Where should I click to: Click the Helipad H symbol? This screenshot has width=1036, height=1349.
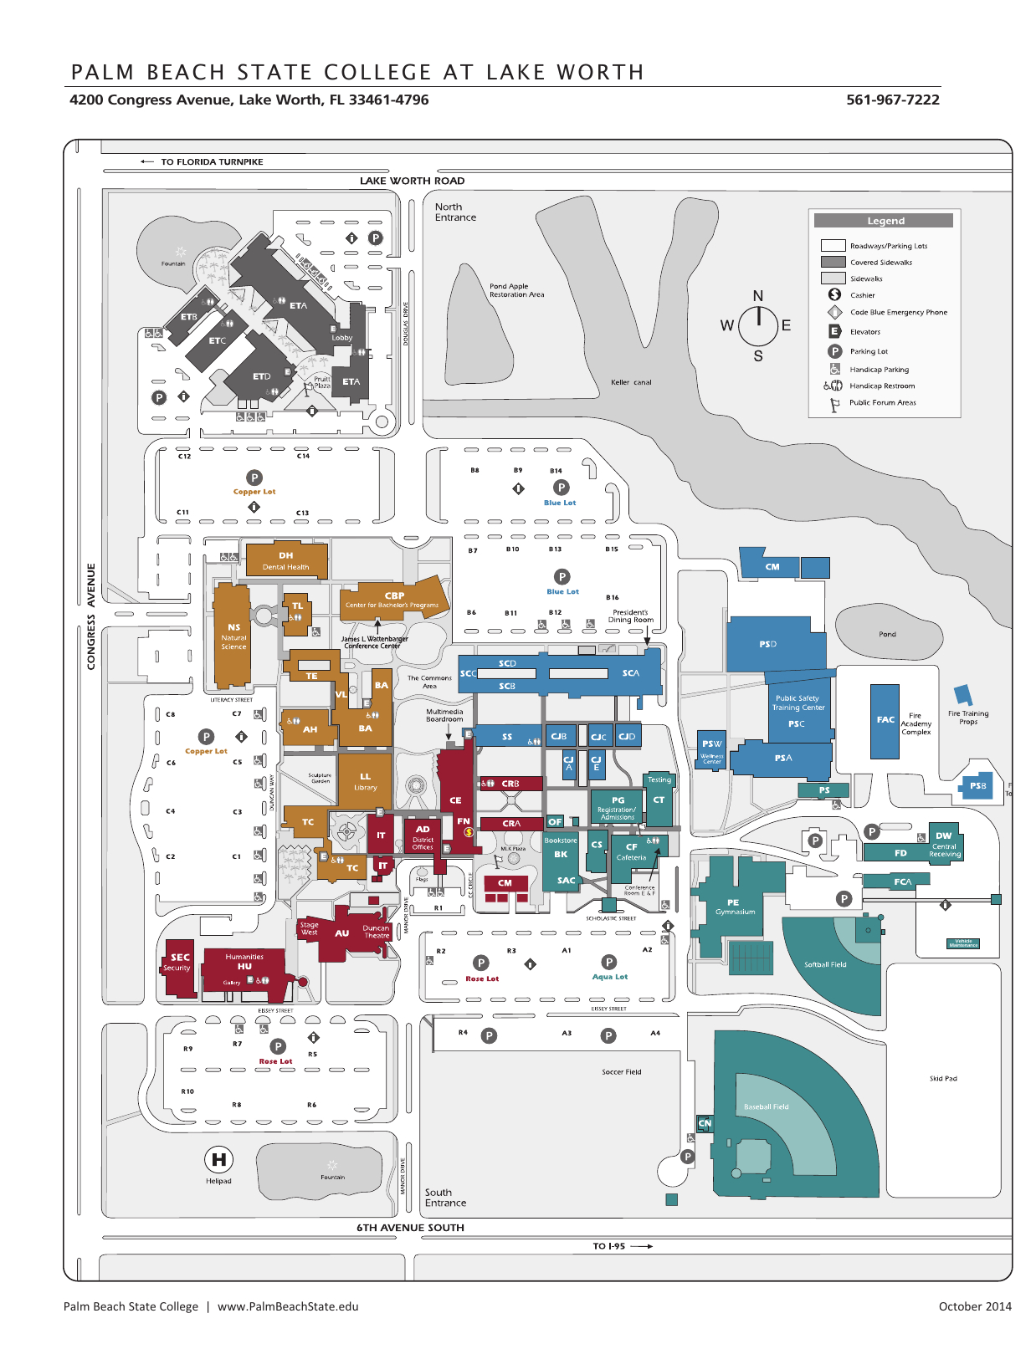[218, 1159]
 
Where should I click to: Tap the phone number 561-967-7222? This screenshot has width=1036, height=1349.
[892, 100]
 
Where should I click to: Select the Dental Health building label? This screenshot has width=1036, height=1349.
[285, 561]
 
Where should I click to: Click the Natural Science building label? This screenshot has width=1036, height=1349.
[233, 636]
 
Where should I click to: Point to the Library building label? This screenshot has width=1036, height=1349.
[365, 782]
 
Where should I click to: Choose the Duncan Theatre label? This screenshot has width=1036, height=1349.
[376, 932]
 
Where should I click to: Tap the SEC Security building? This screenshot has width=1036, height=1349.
[178, 963]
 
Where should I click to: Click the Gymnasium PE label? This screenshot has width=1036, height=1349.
[734, 907]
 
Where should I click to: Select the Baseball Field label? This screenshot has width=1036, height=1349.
[766, 1106]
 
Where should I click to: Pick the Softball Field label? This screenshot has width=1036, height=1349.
[825, 964]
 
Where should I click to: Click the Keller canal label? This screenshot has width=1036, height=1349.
[631, 382]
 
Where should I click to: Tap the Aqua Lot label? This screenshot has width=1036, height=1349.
[609, 977]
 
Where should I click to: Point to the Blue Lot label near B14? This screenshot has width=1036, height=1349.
[560, 503]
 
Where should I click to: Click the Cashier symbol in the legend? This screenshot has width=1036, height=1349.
[834, 294]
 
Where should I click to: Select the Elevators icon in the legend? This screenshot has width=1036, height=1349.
[834, 331]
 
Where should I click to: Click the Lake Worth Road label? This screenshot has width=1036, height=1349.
[412, 181]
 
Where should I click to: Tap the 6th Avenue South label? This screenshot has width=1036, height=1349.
[410, 1228]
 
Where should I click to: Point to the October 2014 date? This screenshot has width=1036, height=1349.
[974, 1306]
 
